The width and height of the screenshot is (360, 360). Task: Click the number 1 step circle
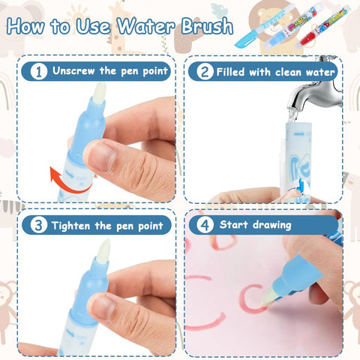pos(39,71)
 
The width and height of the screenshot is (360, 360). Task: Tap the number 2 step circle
pos(205,71)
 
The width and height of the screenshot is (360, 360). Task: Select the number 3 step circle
pos(39,225)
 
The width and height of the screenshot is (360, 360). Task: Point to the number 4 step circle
pos(205,225)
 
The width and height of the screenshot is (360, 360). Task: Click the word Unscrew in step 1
pos(73,70)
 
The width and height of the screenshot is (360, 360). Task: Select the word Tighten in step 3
pos(70,226)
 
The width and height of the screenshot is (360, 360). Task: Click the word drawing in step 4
pos(272,225)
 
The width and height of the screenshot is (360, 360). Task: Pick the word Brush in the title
pos(207,26)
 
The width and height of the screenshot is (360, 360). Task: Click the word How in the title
pos(25,25)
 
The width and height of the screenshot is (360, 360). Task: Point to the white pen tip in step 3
pos(103,249)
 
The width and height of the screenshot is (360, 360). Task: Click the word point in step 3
pos(151,226)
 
